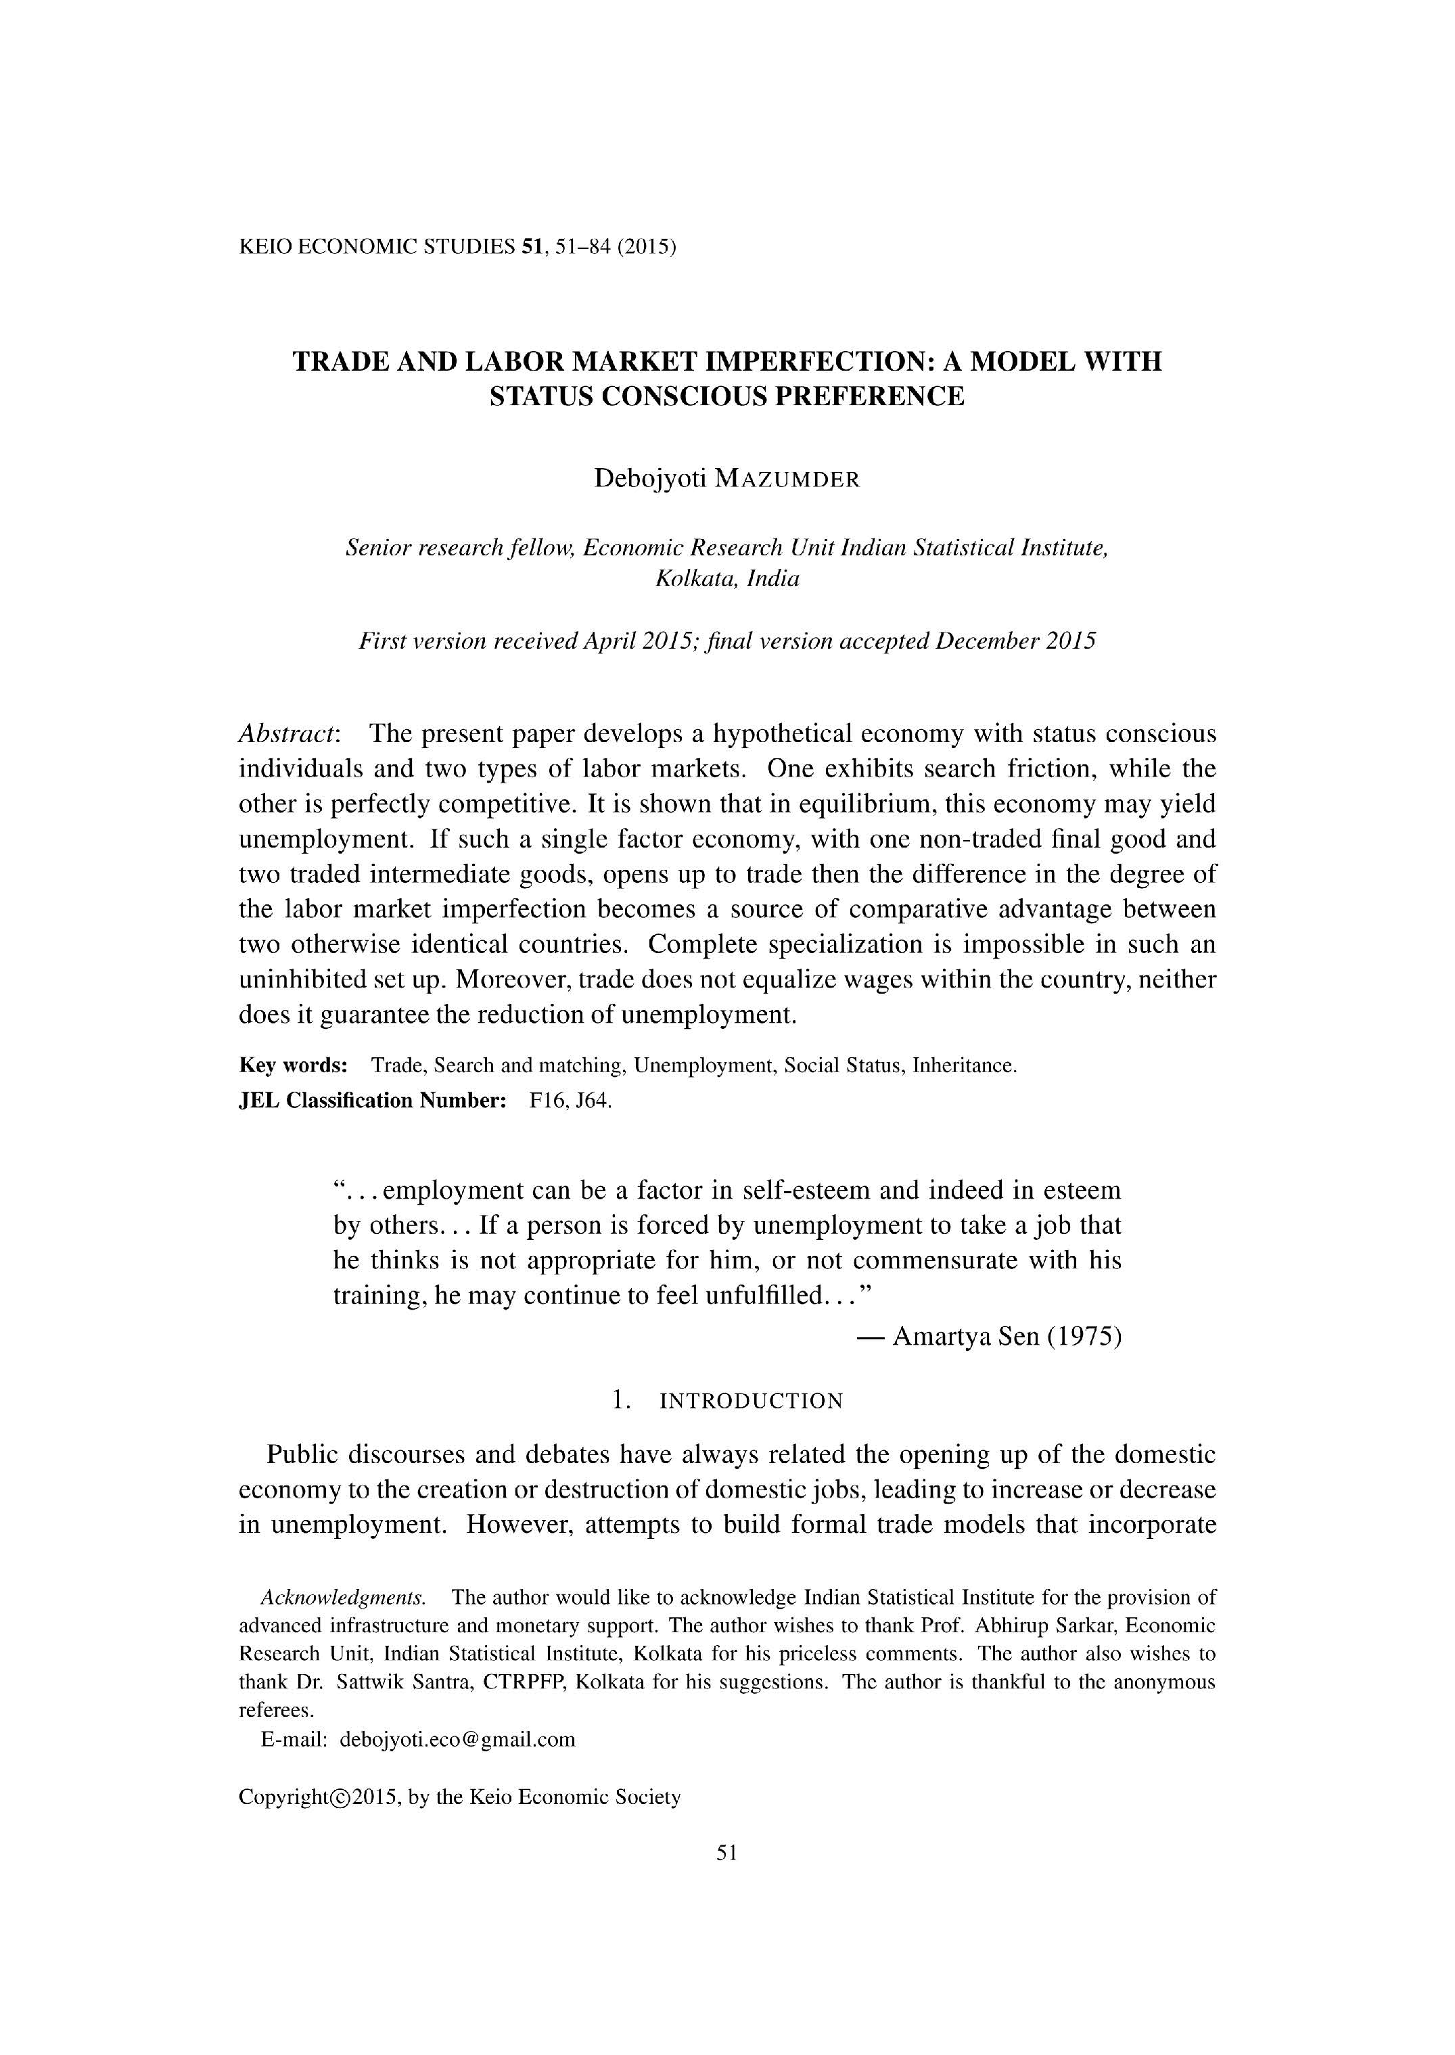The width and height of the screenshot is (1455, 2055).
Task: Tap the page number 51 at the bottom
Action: tap(726, 1853)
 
